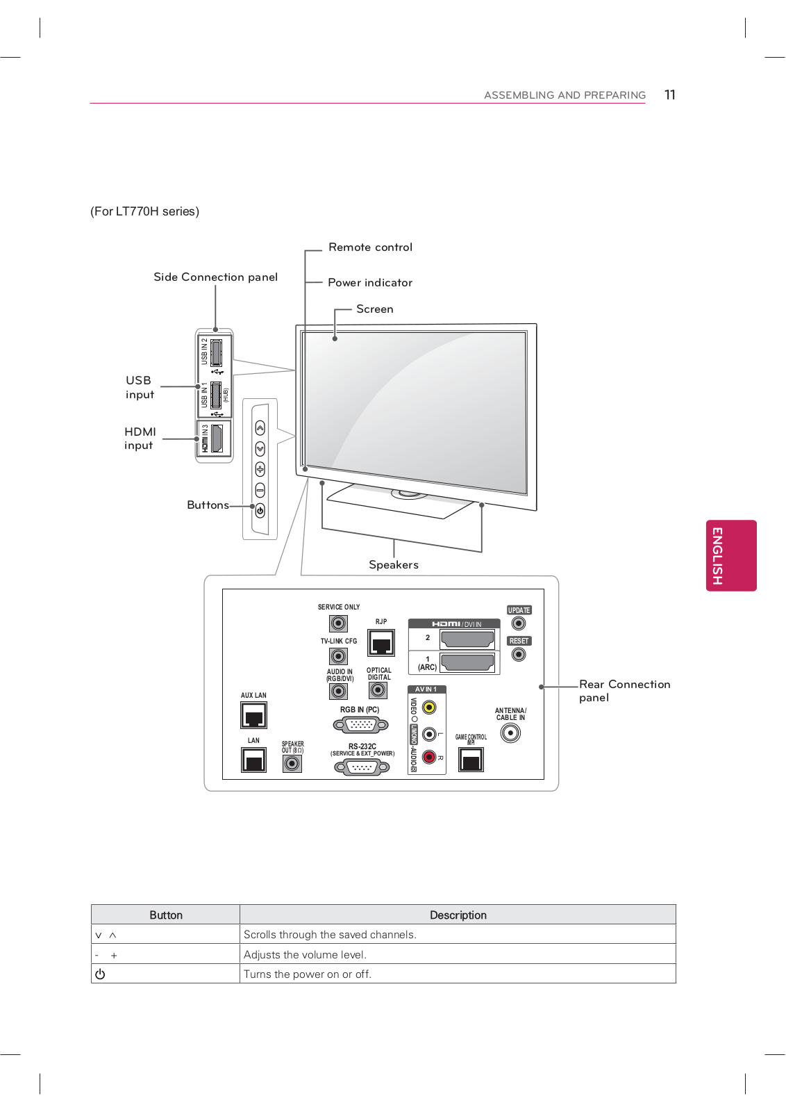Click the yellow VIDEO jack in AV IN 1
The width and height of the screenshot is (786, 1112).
(x=429, y=708)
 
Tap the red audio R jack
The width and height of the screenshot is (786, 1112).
(x=429, y=757)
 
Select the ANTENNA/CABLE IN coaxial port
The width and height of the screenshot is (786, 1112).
(x=510, y=733)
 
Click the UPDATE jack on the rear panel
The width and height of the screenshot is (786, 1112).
(x=519, y=623)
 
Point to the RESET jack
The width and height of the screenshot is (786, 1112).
(x=519, y=654)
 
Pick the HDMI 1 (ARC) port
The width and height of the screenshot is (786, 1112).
(x=467, y=662)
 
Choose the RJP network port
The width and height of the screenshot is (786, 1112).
(x=381, y=643)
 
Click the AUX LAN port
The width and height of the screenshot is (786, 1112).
(x=253, y=715)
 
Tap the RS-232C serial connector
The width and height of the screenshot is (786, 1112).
(x=362, y=768)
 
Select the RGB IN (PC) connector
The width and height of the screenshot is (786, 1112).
(x=361, y=725)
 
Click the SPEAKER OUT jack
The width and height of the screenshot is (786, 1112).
(x=292, y=763)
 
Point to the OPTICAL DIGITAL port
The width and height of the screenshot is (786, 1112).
(x=378, y=690)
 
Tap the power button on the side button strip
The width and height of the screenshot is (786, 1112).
(x=260, y=511)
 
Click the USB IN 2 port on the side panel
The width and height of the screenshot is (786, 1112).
(x=216, y=352)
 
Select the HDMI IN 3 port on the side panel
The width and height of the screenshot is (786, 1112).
(x=217, y=439)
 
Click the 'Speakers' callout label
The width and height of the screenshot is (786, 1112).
(x=394, y=565)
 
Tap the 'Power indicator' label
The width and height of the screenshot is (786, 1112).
(x=370, y=283)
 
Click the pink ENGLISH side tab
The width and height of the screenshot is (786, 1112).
(x=730, y=555)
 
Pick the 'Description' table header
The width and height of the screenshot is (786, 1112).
(x=458, y=915)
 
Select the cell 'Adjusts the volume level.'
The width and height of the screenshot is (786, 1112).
(x=305, y=955)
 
